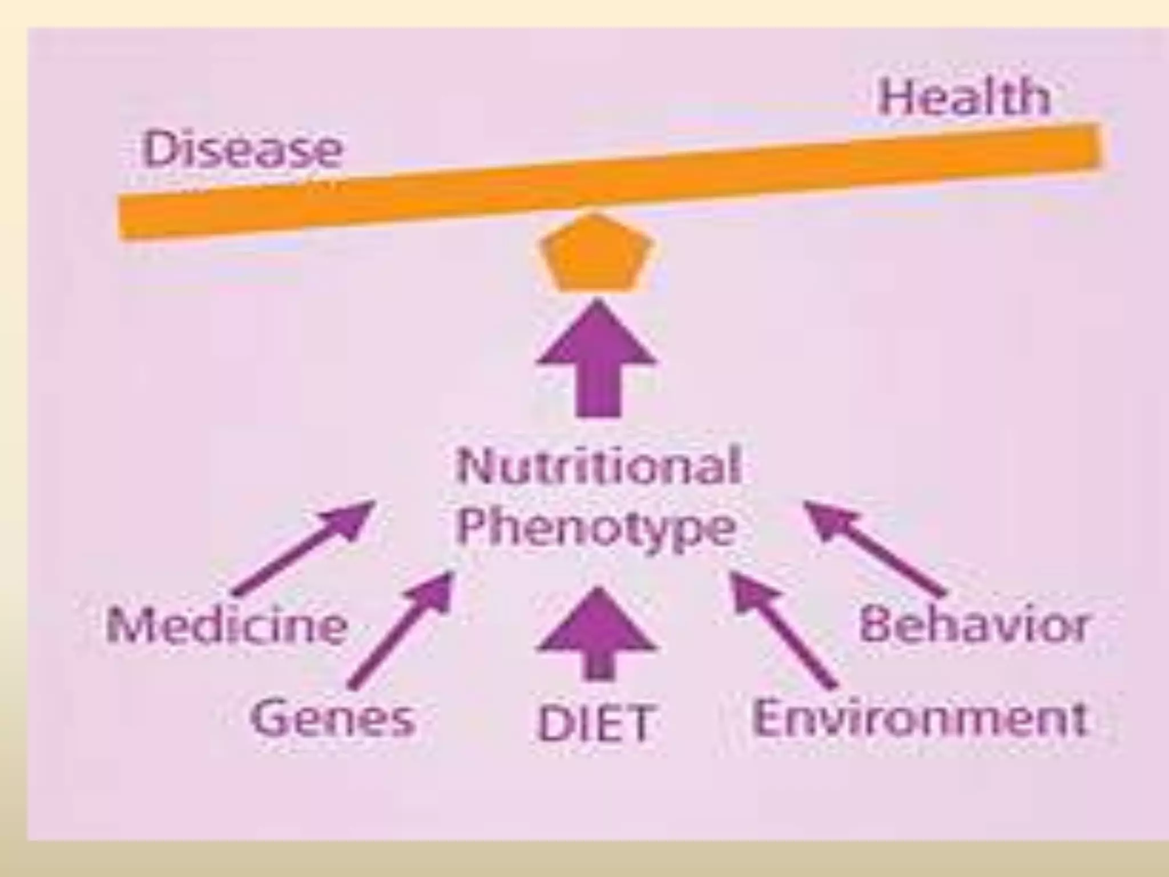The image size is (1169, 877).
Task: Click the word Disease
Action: click(241, 149)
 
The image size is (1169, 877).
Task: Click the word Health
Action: click(964, 98)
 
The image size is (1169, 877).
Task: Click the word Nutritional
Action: click(597, 466)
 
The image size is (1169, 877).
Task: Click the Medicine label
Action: click(227, 626)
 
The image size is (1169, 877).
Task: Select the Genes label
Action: click(333, 718)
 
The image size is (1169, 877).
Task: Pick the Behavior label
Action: click(973, 625)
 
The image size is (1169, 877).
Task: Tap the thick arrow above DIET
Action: click(596, 634)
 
